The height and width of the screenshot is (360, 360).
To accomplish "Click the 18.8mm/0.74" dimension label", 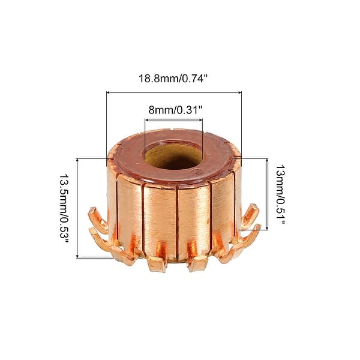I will [173, 78].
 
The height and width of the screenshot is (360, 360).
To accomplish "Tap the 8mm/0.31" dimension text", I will [174, 109].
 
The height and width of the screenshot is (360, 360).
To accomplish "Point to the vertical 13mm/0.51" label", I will [280, 194].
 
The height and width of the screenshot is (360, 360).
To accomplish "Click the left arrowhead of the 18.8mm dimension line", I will [109, 92].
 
